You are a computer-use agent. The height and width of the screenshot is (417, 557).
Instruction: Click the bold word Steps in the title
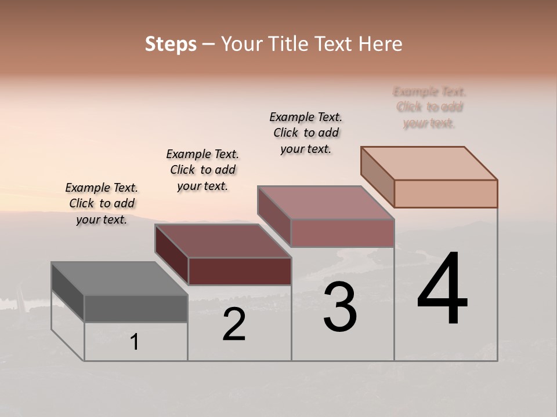tap(171, 44)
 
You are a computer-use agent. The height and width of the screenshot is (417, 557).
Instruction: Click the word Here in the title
tap(380, 44)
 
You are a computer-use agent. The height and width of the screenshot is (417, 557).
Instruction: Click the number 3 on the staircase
tap(340, 307)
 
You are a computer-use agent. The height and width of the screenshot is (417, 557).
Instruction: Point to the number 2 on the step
tap(234, 325)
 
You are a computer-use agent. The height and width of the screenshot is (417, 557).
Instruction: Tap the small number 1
tap(135, 342)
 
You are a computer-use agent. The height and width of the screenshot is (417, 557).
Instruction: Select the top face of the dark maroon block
tap(223, 241)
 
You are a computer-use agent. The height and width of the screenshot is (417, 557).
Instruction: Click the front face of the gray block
tap(136, 309)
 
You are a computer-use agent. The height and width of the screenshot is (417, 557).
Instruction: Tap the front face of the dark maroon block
tap(240, 271)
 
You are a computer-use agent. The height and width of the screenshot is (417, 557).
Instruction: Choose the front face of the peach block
tap(446, 193)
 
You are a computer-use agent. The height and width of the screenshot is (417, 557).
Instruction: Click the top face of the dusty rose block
tap(326, 203)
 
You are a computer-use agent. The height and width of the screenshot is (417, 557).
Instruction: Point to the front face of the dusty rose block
tap(342, 233)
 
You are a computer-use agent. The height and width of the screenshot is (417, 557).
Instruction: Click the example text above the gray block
tap(102, 204)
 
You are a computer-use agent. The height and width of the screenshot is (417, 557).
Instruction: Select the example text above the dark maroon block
tap(202, 170)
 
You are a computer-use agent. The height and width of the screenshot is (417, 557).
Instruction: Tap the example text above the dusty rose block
tap(306, 133)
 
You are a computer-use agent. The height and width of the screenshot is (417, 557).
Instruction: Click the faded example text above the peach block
tap(429, 107)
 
